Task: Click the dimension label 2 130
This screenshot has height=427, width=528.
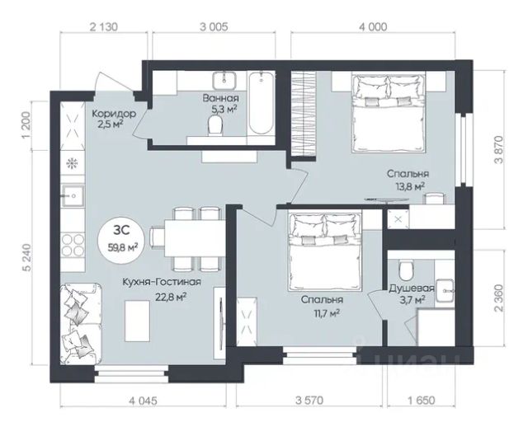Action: click(104, 26)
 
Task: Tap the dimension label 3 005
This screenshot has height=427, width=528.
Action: click(214, 26)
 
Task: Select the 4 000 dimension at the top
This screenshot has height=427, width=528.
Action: click(373, 26)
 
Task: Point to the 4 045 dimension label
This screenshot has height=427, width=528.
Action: click(143, 401)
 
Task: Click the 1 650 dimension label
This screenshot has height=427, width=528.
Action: click(422, 401)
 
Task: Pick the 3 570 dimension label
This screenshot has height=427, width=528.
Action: click(309, 401)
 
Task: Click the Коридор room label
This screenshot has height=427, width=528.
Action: click(114, 114)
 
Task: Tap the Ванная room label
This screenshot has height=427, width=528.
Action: click(220, 98)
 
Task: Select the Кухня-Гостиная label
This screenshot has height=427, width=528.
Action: click(162, 282)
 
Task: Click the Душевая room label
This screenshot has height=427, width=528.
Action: click(412, 289)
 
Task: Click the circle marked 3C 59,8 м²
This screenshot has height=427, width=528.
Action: click(121, 239)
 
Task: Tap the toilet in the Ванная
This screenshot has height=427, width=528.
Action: click(215, 125)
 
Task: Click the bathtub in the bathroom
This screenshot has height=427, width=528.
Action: click(261, 104)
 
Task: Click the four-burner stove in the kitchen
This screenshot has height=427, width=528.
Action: click(73, 245)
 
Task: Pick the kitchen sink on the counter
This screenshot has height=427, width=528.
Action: click(73, 195)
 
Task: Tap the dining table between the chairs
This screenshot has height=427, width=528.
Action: click(195, 238)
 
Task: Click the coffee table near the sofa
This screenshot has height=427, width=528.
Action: click(137, 321)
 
